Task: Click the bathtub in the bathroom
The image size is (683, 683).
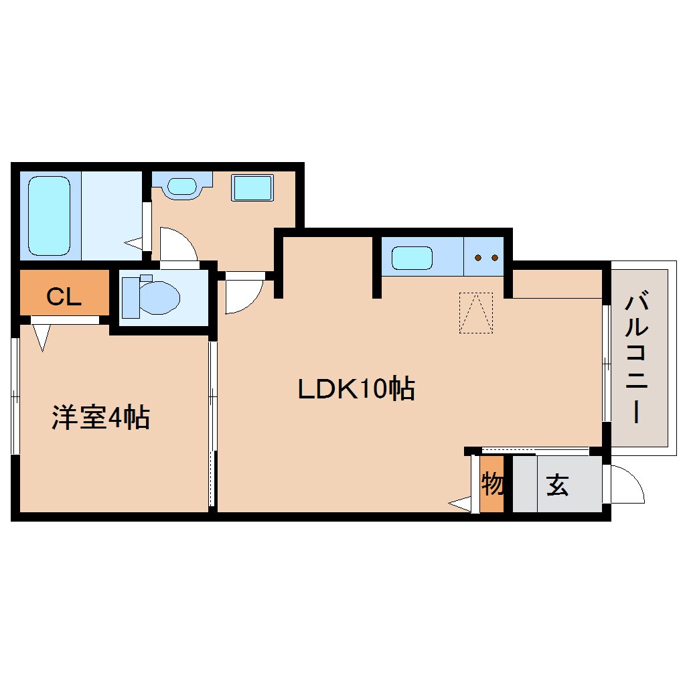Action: pyautogui.click(x=50, y=216)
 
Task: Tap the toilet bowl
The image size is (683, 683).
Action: pyautogui.click(x=159, y=297)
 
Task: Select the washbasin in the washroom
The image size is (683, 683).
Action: pyautogui.click(x=182, y=186)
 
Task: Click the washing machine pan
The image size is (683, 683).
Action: pyautogui.click(x=252, y=187)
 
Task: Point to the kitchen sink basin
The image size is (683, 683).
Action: pyautogui.click(x=412, y=258)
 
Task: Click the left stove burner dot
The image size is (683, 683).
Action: pyautogui.click(x=478, y=258)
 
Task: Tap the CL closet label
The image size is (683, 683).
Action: pyautogui.click(x=64, y=297)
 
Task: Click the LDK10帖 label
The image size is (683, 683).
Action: pyautogui.click(x=356, y=388)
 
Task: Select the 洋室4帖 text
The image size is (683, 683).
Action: pyautogui.click(x=100, y=417)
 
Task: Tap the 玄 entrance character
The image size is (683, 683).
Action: pyautogui.click(x=557, y=485)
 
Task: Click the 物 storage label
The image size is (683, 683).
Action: pyautogui.click(x=492, y=484)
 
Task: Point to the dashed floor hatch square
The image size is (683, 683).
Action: pyautogui.click(x=476, y=313)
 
